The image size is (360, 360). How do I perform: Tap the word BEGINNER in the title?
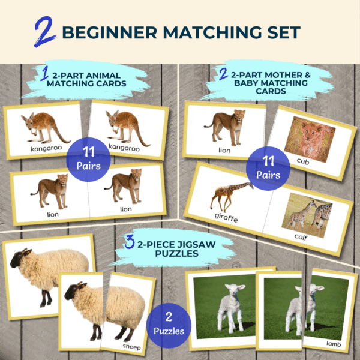[110, 32]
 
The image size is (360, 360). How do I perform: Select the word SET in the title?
[284, 32]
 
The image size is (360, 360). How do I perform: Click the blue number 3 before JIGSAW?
[130, 242]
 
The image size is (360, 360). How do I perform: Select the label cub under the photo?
[303, 161]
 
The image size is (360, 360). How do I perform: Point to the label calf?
[301, 237]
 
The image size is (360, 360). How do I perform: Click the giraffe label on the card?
[226, 217]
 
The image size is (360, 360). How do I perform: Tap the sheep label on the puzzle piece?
[131, 346]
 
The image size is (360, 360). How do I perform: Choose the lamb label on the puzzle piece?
[334, 344]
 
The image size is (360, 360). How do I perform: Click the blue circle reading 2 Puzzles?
[169, 325]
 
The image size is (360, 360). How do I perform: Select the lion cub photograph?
[310, 140]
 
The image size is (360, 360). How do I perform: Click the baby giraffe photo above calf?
[307, 215]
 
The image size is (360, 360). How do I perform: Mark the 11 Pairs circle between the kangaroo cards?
[88, 160]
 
